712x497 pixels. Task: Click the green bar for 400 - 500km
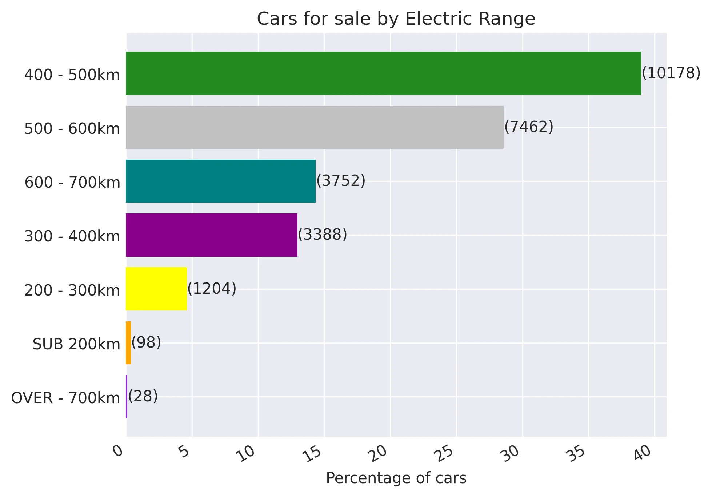tap(383, 73)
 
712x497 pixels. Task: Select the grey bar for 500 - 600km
tap(315, 127)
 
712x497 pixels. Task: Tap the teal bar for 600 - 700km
tap(221, 181)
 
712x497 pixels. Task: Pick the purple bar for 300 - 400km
tap(212, 235)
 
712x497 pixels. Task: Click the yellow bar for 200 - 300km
tap(156, 289)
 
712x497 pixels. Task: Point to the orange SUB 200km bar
tap(128, 343)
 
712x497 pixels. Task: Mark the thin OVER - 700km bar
tap(127, 397)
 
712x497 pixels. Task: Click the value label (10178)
tap(671, 73)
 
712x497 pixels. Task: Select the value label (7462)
tap(529, 127)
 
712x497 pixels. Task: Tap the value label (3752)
tap(341, 181)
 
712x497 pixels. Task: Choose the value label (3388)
tap(322, 235)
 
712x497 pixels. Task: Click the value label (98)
tap(146, 342)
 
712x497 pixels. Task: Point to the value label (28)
tap(143, 396)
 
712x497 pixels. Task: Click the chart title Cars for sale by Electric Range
tap(396, 19)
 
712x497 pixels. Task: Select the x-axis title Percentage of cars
tap(396, 478)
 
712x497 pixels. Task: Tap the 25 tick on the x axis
tap(445, 453)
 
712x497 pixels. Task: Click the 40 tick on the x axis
tap(643, 453)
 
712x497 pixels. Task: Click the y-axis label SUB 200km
tap(76, 344)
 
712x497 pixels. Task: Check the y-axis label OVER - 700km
tap(66, 398)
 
